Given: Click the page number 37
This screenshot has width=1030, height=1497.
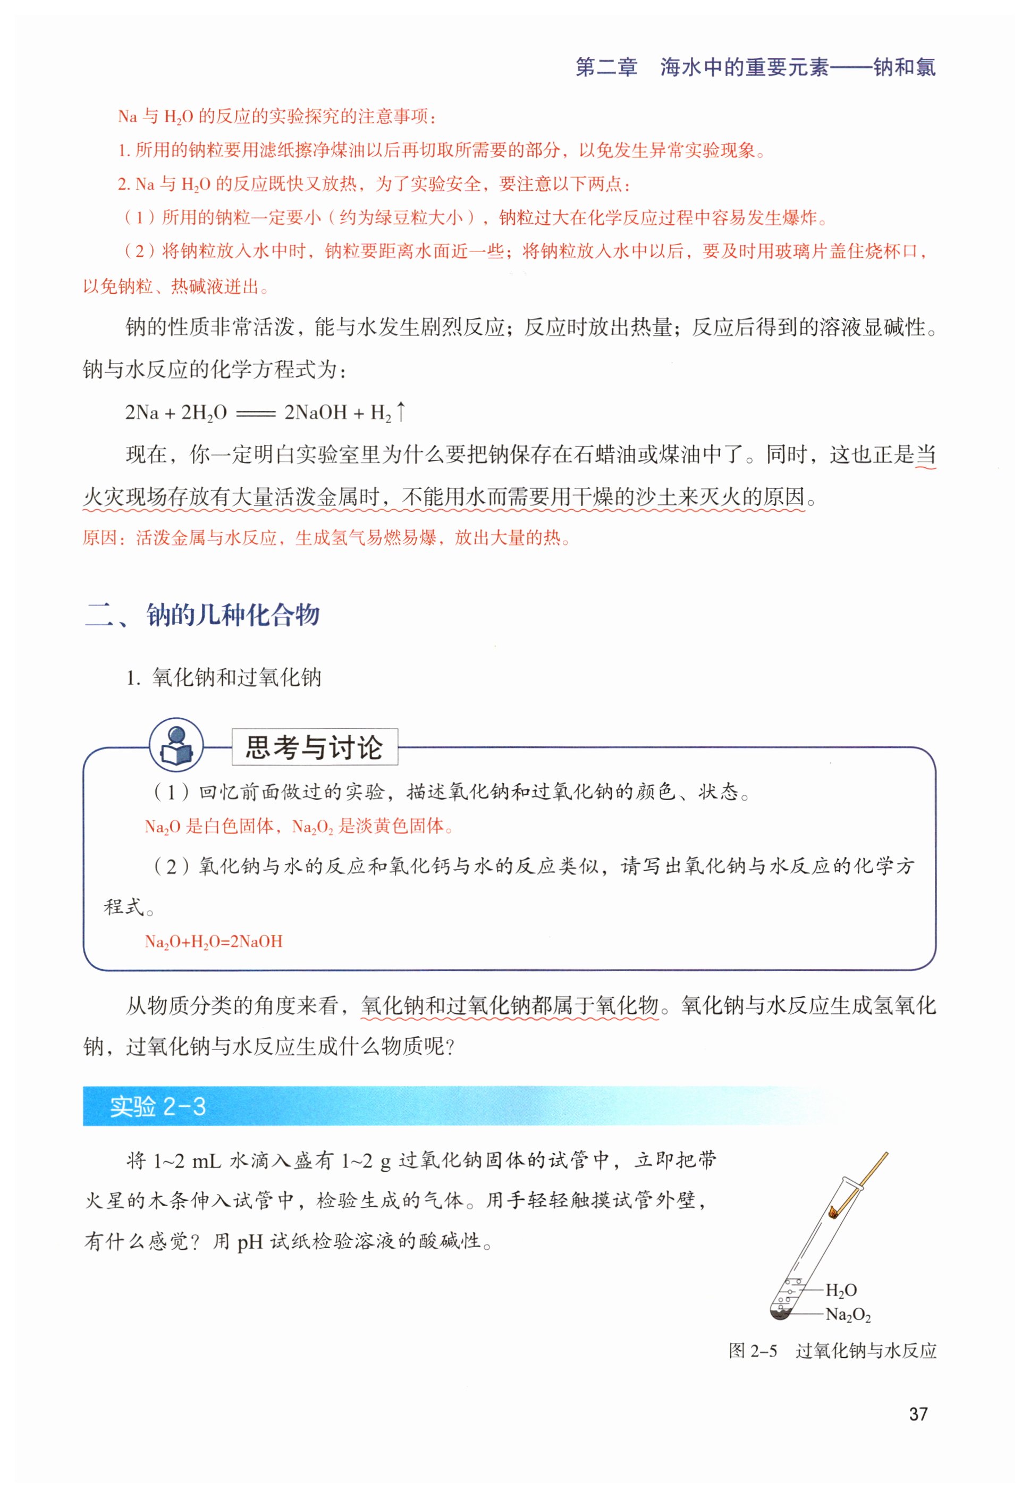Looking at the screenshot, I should click(x=917, y=1413).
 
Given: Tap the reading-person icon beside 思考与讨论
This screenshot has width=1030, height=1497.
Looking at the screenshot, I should click(x=176, y=746).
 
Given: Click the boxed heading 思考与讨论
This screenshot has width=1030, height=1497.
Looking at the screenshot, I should click(x=314, y=747).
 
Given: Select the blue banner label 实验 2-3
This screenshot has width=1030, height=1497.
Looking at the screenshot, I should click(x=157, y=1106).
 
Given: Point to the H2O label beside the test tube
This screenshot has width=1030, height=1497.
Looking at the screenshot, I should click(x=841, y=1290).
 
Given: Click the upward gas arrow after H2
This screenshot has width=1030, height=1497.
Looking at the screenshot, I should click(x=401, y=411).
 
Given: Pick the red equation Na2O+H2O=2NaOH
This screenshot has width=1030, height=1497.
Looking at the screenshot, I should click(x=214, y=941).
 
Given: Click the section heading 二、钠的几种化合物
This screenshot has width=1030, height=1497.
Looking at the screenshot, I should click(x=202, y=614).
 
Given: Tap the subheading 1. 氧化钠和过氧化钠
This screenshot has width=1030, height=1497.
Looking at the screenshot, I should click(x=224, y=677).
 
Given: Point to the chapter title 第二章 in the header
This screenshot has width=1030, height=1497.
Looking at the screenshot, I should click(x=606, y=67).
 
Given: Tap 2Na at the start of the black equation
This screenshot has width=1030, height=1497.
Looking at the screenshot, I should click(x=141, y=413).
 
